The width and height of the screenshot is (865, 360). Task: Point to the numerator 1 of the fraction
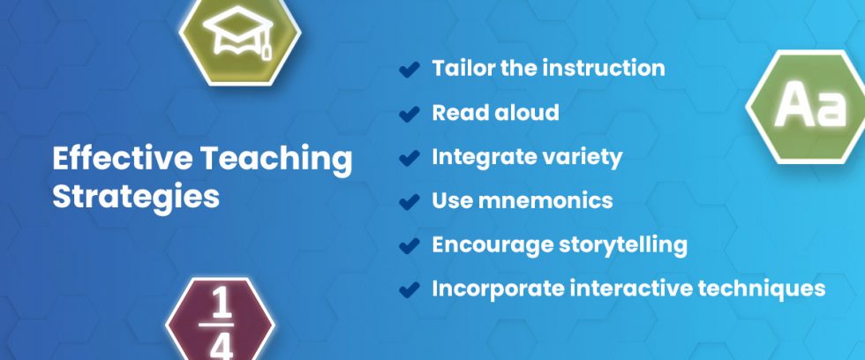click(x=222, y=305)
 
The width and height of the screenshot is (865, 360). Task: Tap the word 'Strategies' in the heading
click(x=135, y=197)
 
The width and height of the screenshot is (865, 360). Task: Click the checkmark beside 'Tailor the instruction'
click(x=409, y=70)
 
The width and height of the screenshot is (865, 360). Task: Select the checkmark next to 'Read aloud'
click(x=409, y=114)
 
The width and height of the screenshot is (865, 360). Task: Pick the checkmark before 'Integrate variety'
click(x=409, y=158)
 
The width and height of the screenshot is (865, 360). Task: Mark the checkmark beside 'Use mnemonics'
click(x=409, y=202)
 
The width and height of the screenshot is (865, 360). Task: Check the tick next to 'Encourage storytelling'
click(x=409, y=245)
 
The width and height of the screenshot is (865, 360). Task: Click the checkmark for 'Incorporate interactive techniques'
click(x=409, y=289)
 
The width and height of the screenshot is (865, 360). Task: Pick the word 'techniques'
click(x=767, y=288)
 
